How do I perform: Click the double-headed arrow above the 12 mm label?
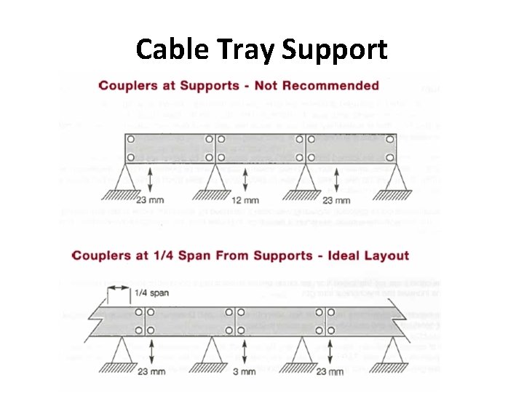point(245,178)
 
